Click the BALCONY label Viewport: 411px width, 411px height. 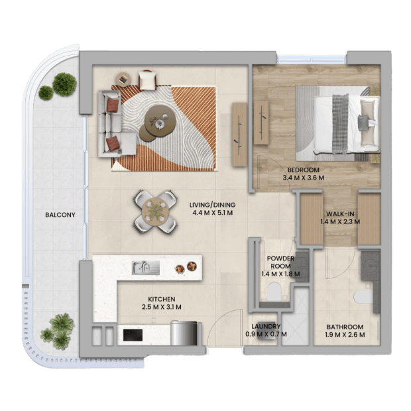[60, 215]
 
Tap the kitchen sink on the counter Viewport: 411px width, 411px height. [145, 268]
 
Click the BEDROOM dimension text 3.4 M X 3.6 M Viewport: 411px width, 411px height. [303, 178]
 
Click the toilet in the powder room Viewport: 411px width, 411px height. [274, 292]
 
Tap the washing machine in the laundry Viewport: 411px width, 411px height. [266, 331]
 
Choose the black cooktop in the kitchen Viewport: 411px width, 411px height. [133, 335]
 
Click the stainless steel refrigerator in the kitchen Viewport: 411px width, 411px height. [184, 333]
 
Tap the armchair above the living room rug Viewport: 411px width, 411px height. [148, 80]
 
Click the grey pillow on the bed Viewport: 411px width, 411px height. [363, 122]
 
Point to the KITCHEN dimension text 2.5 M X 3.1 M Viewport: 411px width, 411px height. [162, 307]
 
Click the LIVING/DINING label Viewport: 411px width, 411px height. [212, 205]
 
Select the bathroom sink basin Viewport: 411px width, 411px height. [371, 266]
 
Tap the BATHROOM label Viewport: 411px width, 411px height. [345, 327]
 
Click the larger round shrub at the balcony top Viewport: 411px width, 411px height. [64, 84]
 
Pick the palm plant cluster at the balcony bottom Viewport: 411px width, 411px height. [58, 331]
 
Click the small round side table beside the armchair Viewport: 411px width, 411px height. [123, 79]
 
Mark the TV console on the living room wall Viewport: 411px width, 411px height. [239, 135]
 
